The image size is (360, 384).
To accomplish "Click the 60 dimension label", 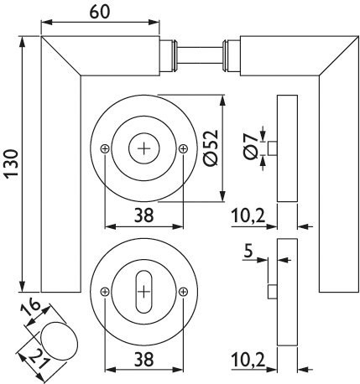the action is (x=100, y=13).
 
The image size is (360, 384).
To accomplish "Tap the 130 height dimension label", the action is (x=12, y=163).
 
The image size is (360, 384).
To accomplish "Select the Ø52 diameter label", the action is (x=211, y=148).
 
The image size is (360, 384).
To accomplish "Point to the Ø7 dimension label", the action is (x=251, y=146).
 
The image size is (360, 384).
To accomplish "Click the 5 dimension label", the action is (x=248, y=251).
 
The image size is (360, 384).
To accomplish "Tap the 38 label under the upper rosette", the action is (x=144, y=215).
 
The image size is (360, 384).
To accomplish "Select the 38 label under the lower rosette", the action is (x=144, y=360).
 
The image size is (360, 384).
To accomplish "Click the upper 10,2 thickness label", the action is (x=248, y=215).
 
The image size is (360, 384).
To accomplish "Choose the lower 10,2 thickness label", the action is (x=248, y=360).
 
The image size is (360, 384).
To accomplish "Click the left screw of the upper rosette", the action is (x=105, y=148).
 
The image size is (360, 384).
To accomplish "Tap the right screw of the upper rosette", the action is (x=183, y=148).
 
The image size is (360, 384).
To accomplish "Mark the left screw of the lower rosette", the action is (x=105, y=292).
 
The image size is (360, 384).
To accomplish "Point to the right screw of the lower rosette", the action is (x=183, y=292).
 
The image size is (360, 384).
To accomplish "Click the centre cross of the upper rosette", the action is (x=144, y=148).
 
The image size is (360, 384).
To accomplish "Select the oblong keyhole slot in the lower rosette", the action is (x=143, y=292).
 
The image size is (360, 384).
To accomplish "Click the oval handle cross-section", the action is (x=59, y=340).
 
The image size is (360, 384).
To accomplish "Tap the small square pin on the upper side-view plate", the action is (x=273, y=148).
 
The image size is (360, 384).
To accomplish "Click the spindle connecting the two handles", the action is (x=199, y=55).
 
